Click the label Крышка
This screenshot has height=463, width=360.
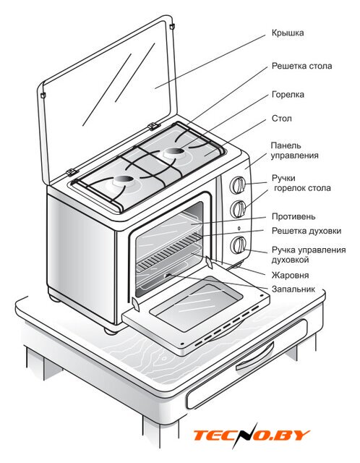tap(288, 33)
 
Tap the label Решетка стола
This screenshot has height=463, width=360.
tap(301, 66)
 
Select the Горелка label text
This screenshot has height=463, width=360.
tap(288, 95)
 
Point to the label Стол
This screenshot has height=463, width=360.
tap(281, 119)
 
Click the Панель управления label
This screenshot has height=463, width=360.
tap(294, 150)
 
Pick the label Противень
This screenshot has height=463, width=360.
tap(293, 216)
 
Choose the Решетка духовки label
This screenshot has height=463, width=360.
tap(307, 231)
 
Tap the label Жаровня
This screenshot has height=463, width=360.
tap(290, 275)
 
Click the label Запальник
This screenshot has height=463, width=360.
tap(293, 289)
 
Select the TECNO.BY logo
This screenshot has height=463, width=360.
tap(252, 436)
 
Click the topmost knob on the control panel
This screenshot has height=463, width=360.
tap(238, 185)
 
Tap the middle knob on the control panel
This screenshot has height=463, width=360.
tap(238, 209)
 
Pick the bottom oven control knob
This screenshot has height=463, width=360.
tap(238, 245)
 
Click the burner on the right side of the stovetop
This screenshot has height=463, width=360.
tap(175, 153)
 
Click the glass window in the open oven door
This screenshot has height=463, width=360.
tap(195, 303)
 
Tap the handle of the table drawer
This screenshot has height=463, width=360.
tap(254, 356)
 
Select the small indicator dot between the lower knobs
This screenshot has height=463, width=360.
tap(239, 229)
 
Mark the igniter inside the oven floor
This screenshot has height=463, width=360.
tap(167, 275)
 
